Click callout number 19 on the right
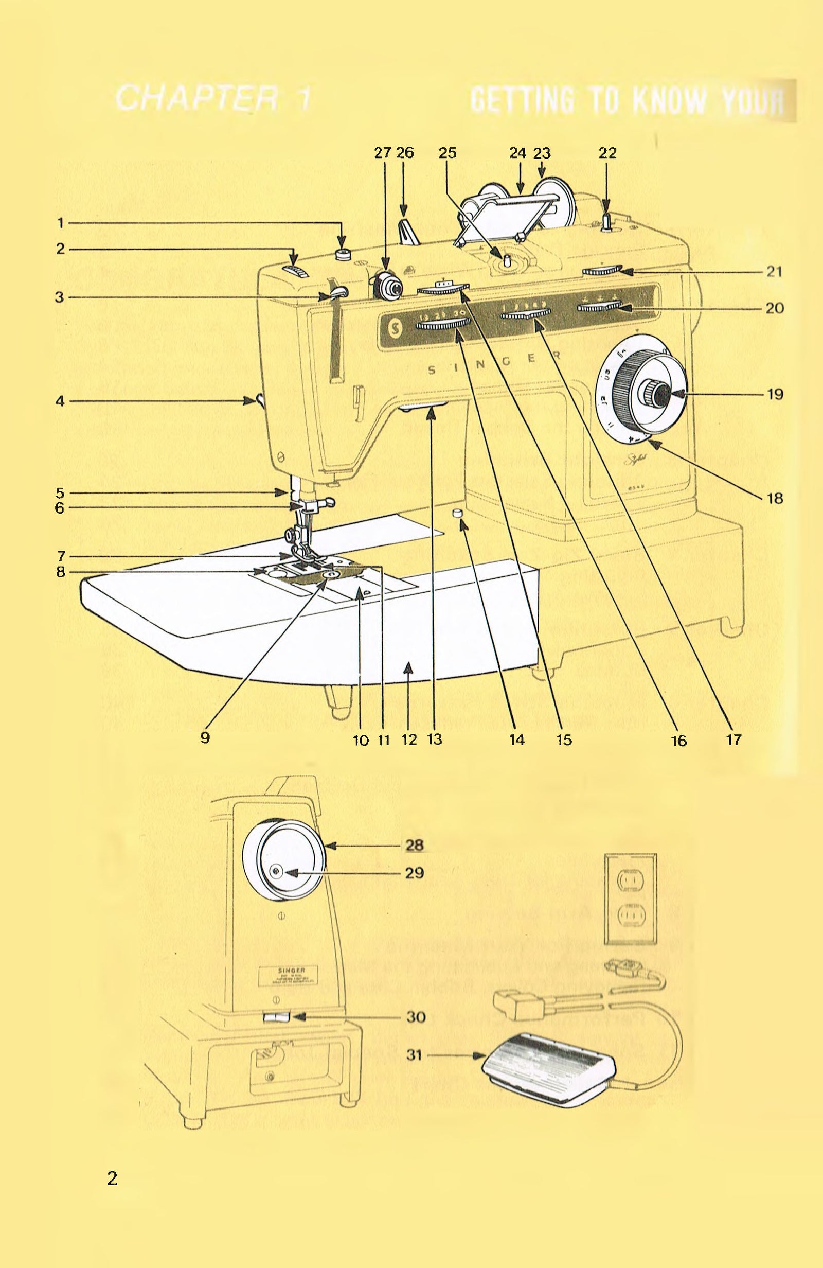tap(775, 395)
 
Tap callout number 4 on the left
tap(60, 401)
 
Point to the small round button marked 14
tap(457, 513)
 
